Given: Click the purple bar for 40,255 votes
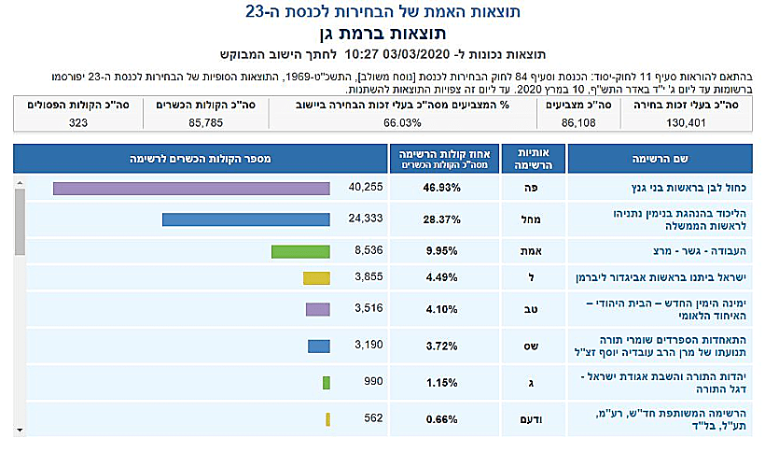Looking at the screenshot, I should (191, 189).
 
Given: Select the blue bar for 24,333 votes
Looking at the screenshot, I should (245, 219).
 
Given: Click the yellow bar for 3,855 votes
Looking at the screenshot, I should (316, 278).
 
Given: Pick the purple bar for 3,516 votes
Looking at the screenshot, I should (317, 309).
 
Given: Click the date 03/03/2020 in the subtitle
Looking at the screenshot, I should (422, 55).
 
